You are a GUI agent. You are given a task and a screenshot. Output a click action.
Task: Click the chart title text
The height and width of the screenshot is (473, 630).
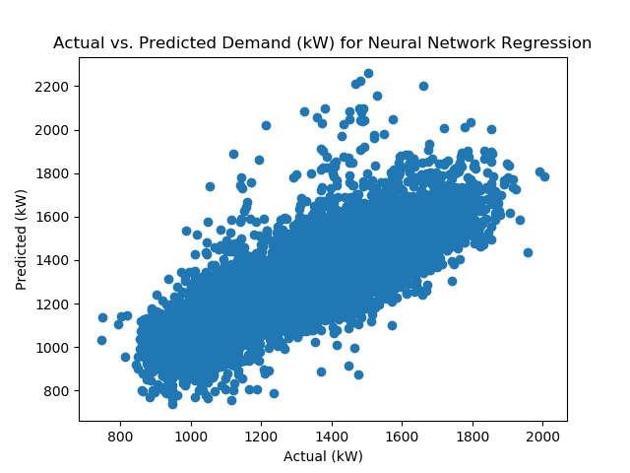tap(322, 42)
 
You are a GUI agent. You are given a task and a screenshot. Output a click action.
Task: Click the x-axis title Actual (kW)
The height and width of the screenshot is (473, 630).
tap(323, 456)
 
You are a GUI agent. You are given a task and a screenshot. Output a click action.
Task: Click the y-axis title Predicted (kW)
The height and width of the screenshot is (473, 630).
tap(21, 239)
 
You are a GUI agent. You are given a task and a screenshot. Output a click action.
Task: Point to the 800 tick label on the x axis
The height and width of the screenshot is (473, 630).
tap(120, 437)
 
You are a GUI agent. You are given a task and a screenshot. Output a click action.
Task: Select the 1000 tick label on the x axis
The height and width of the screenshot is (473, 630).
tap(191, 437)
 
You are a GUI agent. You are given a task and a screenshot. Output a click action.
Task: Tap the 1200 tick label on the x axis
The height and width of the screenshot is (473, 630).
tap(261, 437)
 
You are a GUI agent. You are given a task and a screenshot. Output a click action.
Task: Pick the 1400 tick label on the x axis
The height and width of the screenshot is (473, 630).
tap(332, 437)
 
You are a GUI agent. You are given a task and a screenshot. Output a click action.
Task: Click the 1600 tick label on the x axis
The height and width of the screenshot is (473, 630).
tap(402, 437)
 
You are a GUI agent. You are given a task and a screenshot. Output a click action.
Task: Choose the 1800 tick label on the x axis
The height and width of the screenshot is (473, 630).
tap(472, 437)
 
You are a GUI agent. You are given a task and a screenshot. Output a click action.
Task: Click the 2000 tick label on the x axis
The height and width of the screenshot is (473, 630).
tap(542, 437)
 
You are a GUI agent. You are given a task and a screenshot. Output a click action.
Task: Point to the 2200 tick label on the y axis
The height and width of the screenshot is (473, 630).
tap(51, 87)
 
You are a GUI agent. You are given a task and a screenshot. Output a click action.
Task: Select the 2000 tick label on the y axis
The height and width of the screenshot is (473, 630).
tap(51, 130)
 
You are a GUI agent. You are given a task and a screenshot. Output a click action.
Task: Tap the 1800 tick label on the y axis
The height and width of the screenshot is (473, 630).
tap(51, 173)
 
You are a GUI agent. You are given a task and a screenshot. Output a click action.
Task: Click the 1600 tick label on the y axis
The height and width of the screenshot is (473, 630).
tap(51, 217)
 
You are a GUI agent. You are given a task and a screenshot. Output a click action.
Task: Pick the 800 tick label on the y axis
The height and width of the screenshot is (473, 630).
tap(56, 391)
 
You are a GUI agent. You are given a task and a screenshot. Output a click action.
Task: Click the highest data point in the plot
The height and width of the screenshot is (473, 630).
tap(368, 74)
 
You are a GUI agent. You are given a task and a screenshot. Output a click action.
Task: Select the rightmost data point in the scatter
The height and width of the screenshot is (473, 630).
tap(544, 176)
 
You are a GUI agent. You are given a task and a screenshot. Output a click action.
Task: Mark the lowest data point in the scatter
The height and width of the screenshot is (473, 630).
tap(173, 404)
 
